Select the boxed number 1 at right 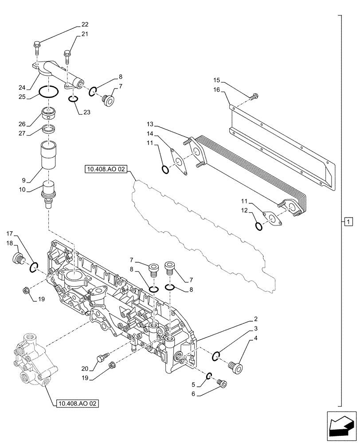click(x=348, y=221)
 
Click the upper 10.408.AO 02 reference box click(x=106, y=170)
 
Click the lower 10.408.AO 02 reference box click(x=78, y=403)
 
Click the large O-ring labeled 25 click(x=48, y=92)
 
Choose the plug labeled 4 click(x=238, y=367)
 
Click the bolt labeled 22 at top click(x=37, y=44)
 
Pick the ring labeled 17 click(x=33, y=267)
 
